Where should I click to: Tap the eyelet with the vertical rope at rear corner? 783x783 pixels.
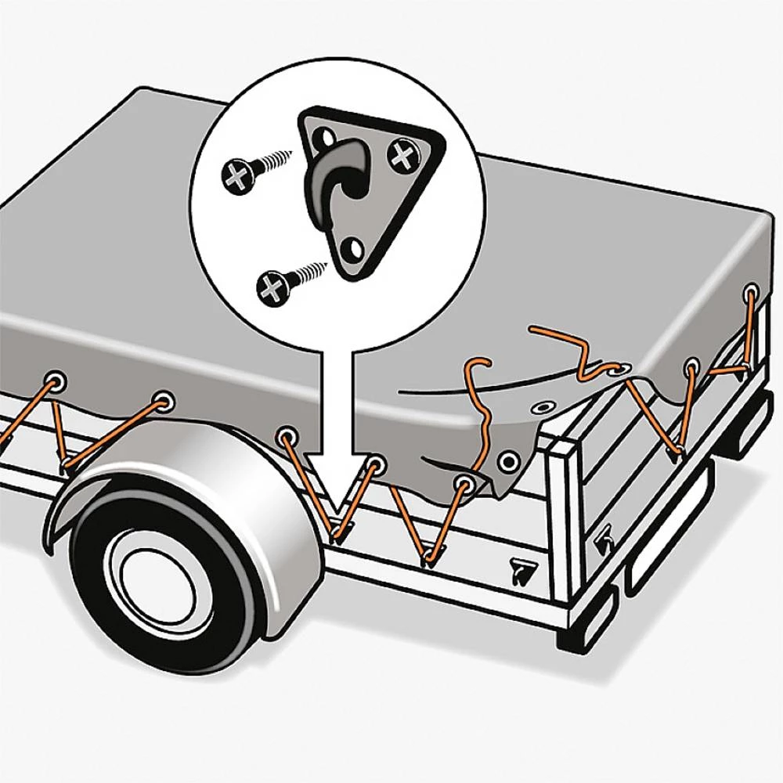(x=750, y=296)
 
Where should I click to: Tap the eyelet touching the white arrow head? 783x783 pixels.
(x=377, y=464)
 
